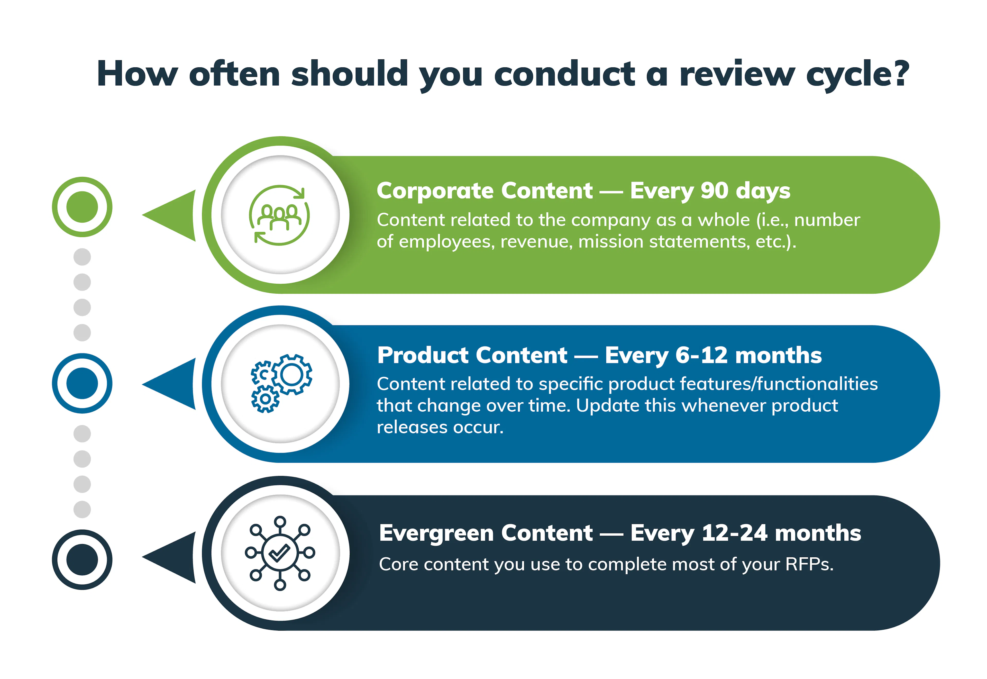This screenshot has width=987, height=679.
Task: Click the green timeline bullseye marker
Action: click(82, 207)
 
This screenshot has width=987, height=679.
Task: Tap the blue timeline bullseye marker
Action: click(82, 383)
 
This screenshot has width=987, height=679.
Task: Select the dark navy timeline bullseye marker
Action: click(82, 559)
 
